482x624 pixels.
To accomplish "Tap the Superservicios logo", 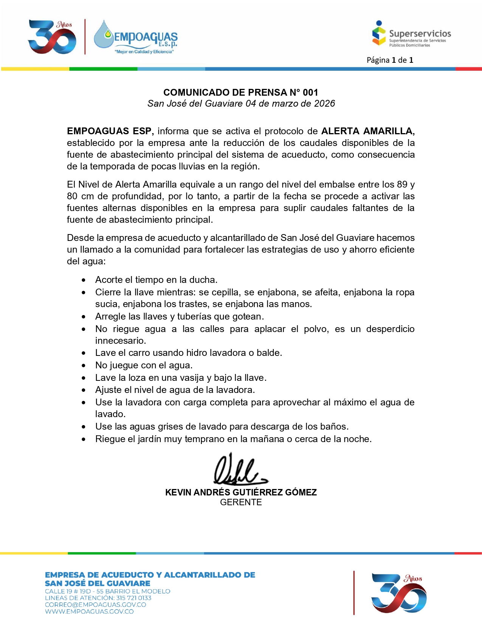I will click(x=411, y=34).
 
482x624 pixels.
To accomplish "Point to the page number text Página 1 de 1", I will click(x=390, y=60).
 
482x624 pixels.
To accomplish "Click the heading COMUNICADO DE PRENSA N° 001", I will click(x=241, y=92).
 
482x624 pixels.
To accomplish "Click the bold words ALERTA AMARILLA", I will click(x=368, y=131).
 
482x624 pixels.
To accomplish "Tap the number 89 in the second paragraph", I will click(x=402, y=185).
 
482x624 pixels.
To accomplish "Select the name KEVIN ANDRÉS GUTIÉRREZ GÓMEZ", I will click(x=241, y=492).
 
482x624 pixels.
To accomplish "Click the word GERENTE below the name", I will click(x=241, y=502).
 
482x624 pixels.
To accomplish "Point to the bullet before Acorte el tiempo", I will click(x=84, y=280).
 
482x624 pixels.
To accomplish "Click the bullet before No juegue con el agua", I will click(x=84, y=366).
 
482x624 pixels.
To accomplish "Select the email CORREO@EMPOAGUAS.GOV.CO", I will click(x=95, y=605).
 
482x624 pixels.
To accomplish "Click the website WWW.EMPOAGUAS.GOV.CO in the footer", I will click(x=89, y=612).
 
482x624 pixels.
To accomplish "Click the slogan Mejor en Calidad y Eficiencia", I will click(x=144, y=52).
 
